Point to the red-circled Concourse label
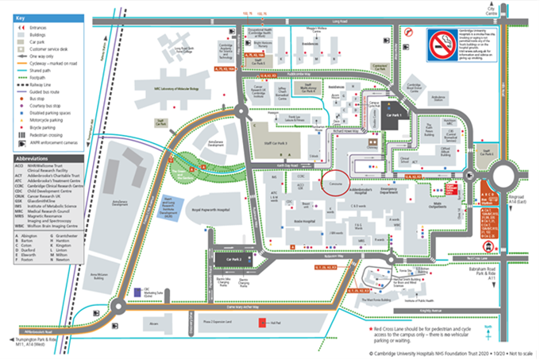(x=335, y=182)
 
